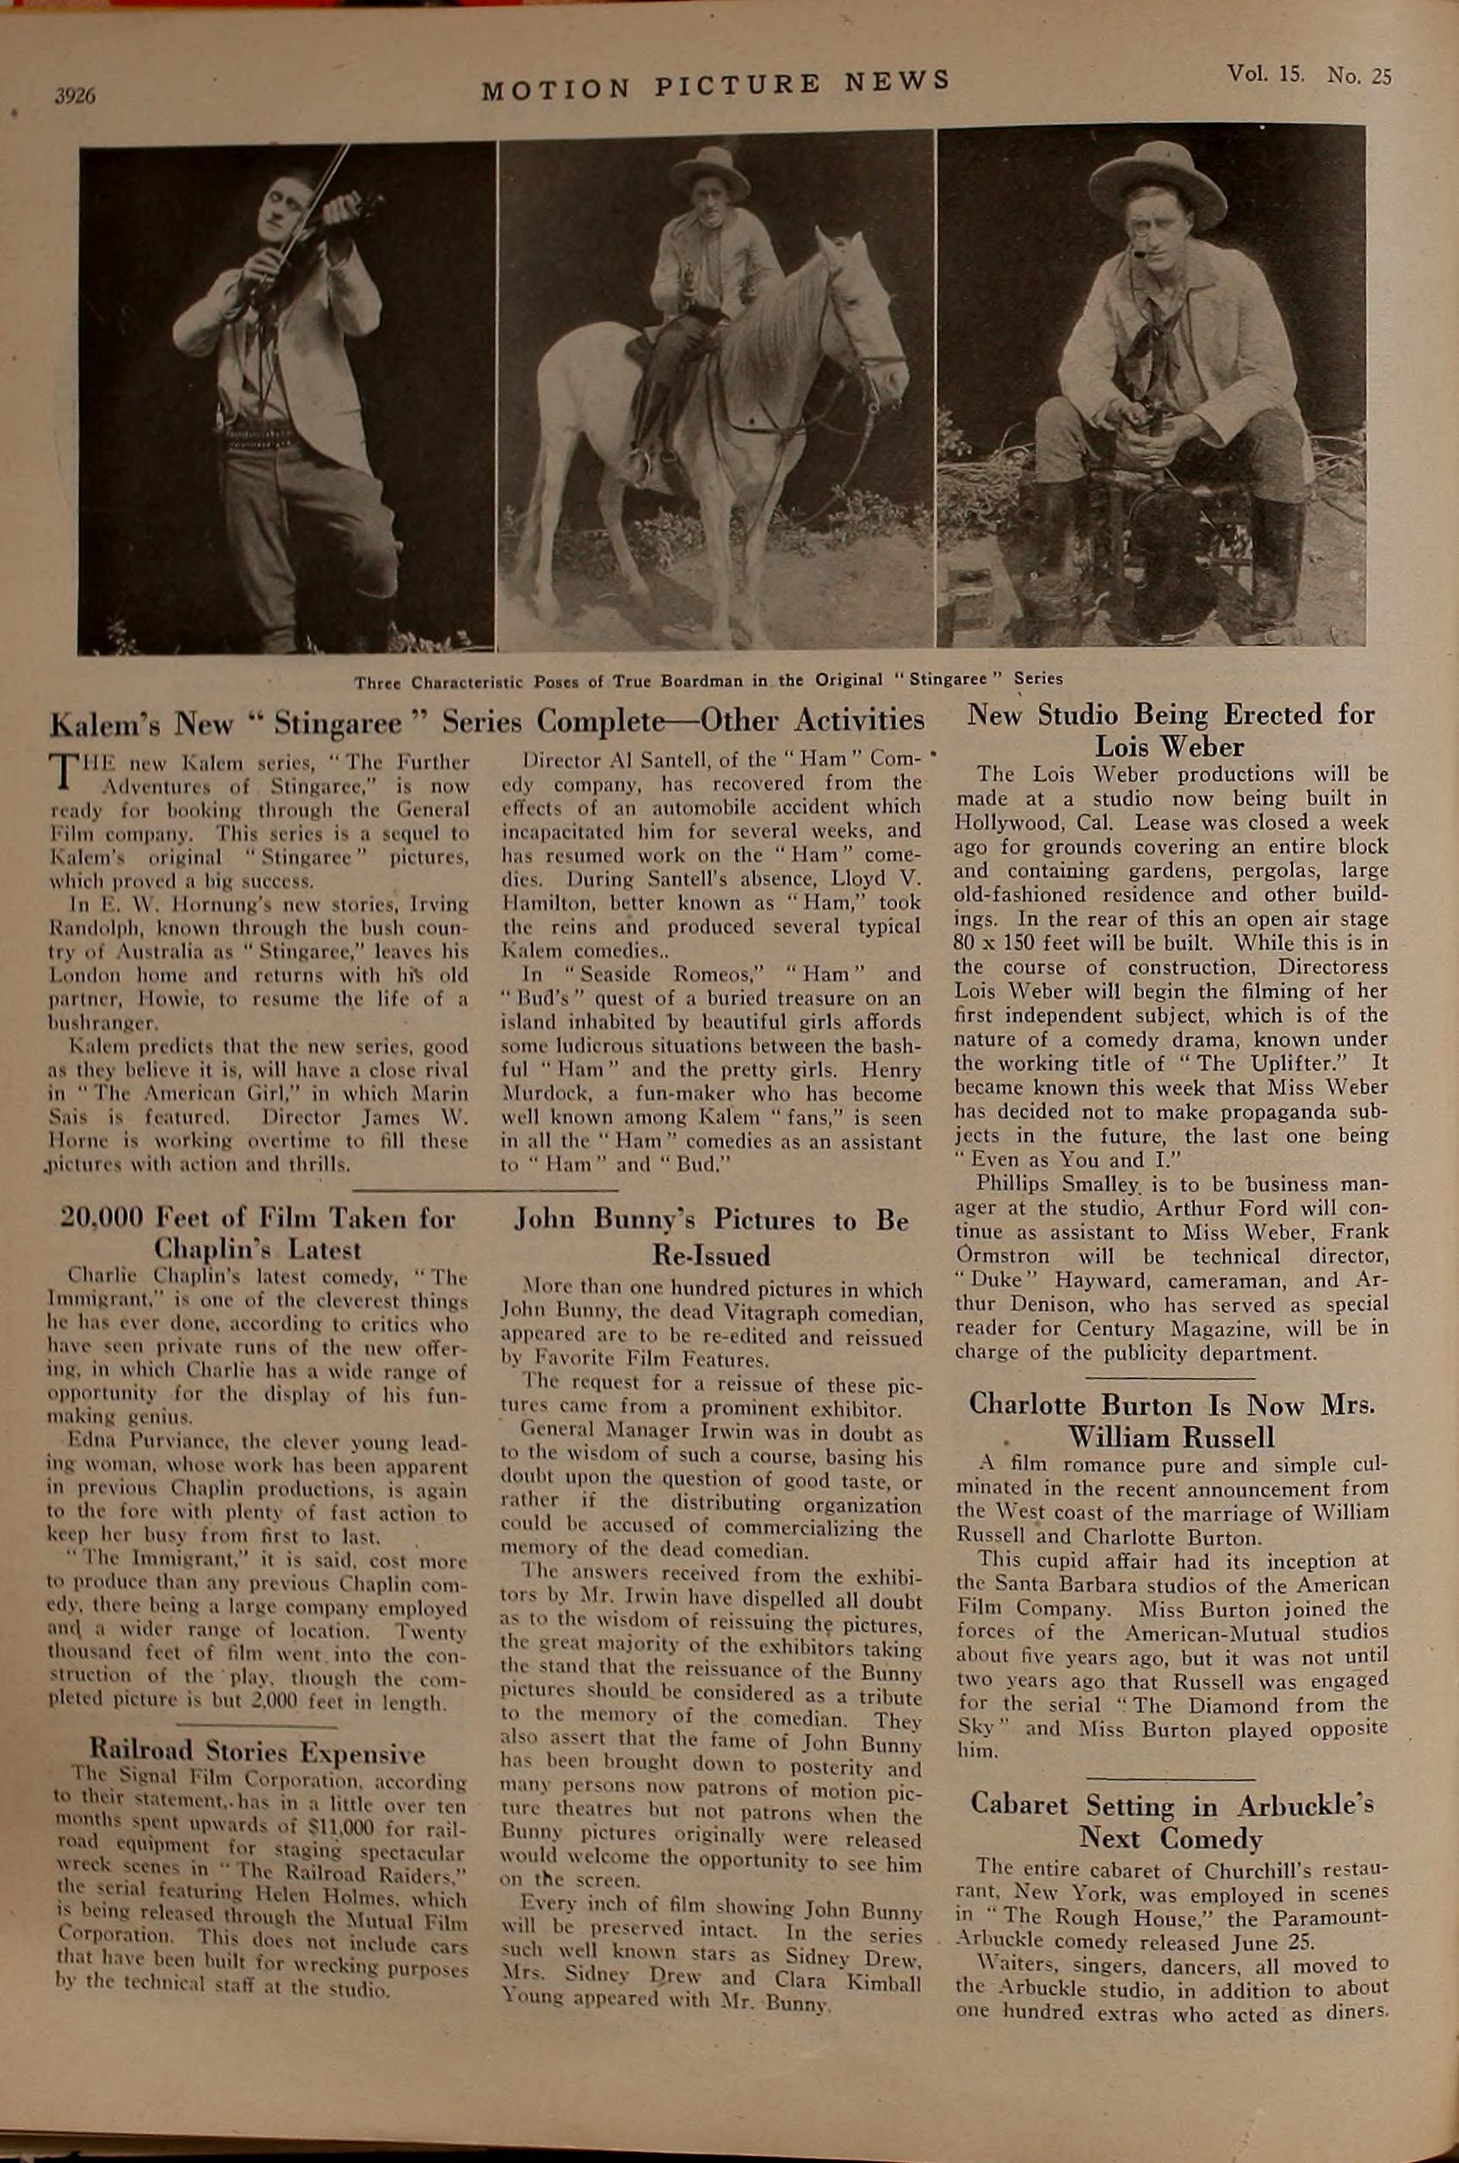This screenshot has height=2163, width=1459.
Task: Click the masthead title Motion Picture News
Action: tap(715, 83)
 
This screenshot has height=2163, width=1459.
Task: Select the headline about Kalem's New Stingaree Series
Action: tap(485, 721)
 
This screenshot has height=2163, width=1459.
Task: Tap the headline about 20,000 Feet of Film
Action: tap(257, 1233)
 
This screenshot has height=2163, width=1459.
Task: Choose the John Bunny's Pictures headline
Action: tap(712, 1238)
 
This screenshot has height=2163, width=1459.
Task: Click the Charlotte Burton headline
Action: tap(1171, 1420)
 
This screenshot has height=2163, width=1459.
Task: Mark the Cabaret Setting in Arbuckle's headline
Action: tap(1171, 1820)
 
